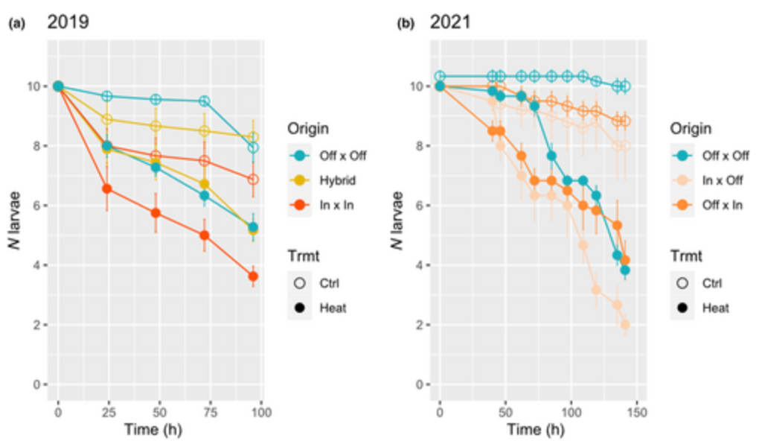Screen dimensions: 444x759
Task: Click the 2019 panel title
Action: tap(68, 22)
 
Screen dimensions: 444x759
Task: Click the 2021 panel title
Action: tap(450, 22)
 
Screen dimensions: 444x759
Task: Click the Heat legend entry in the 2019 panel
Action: tap(331, 307)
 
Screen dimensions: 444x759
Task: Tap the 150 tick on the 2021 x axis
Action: tap(636, 412)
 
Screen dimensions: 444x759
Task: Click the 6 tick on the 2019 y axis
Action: tap(36, 206)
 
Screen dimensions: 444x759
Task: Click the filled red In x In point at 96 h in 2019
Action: tap(253, 276)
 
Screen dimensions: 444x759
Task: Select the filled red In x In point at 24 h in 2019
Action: tap(107, 188)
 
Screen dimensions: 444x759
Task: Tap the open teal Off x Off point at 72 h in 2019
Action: tap(205, 101)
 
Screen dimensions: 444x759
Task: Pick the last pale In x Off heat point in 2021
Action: tap(625, 325)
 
